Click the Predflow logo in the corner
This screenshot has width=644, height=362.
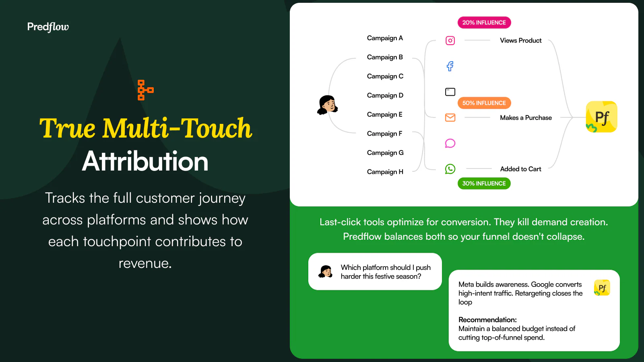coord(48,27)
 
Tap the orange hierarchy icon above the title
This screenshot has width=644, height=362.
coord(145,90)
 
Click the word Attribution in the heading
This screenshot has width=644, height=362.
coord(145,161)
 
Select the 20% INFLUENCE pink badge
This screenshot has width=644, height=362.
coord(484,23)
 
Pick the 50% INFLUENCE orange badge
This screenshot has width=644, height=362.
coord(484,103)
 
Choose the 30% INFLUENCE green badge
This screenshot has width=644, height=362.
coord(484,183)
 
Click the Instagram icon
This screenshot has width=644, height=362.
coord(450,41)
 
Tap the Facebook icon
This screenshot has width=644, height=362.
coord(450,66)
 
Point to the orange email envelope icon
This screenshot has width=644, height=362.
coord(450,117)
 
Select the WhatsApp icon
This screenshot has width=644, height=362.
coord(450,169)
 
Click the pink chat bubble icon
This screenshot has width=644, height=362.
coord(450,143)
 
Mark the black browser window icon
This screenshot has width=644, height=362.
coord(450,92)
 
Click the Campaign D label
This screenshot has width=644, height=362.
coord(385,95)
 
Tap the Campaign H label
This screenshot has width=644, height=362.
coord(385,172)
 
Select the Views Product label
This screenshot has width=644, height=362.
coord(521,41)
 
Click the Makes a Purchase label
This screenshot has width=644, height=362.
coord(526,117)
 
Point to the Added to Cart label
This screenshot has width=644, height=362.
coord(521,169)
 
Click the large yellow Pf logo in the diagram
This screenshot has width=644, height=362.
coord(601,117)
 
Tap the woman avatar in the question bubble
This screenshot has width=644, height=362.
coord(326,271)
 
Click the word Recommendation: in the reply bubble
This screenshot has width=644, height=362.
coord(487,320)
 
